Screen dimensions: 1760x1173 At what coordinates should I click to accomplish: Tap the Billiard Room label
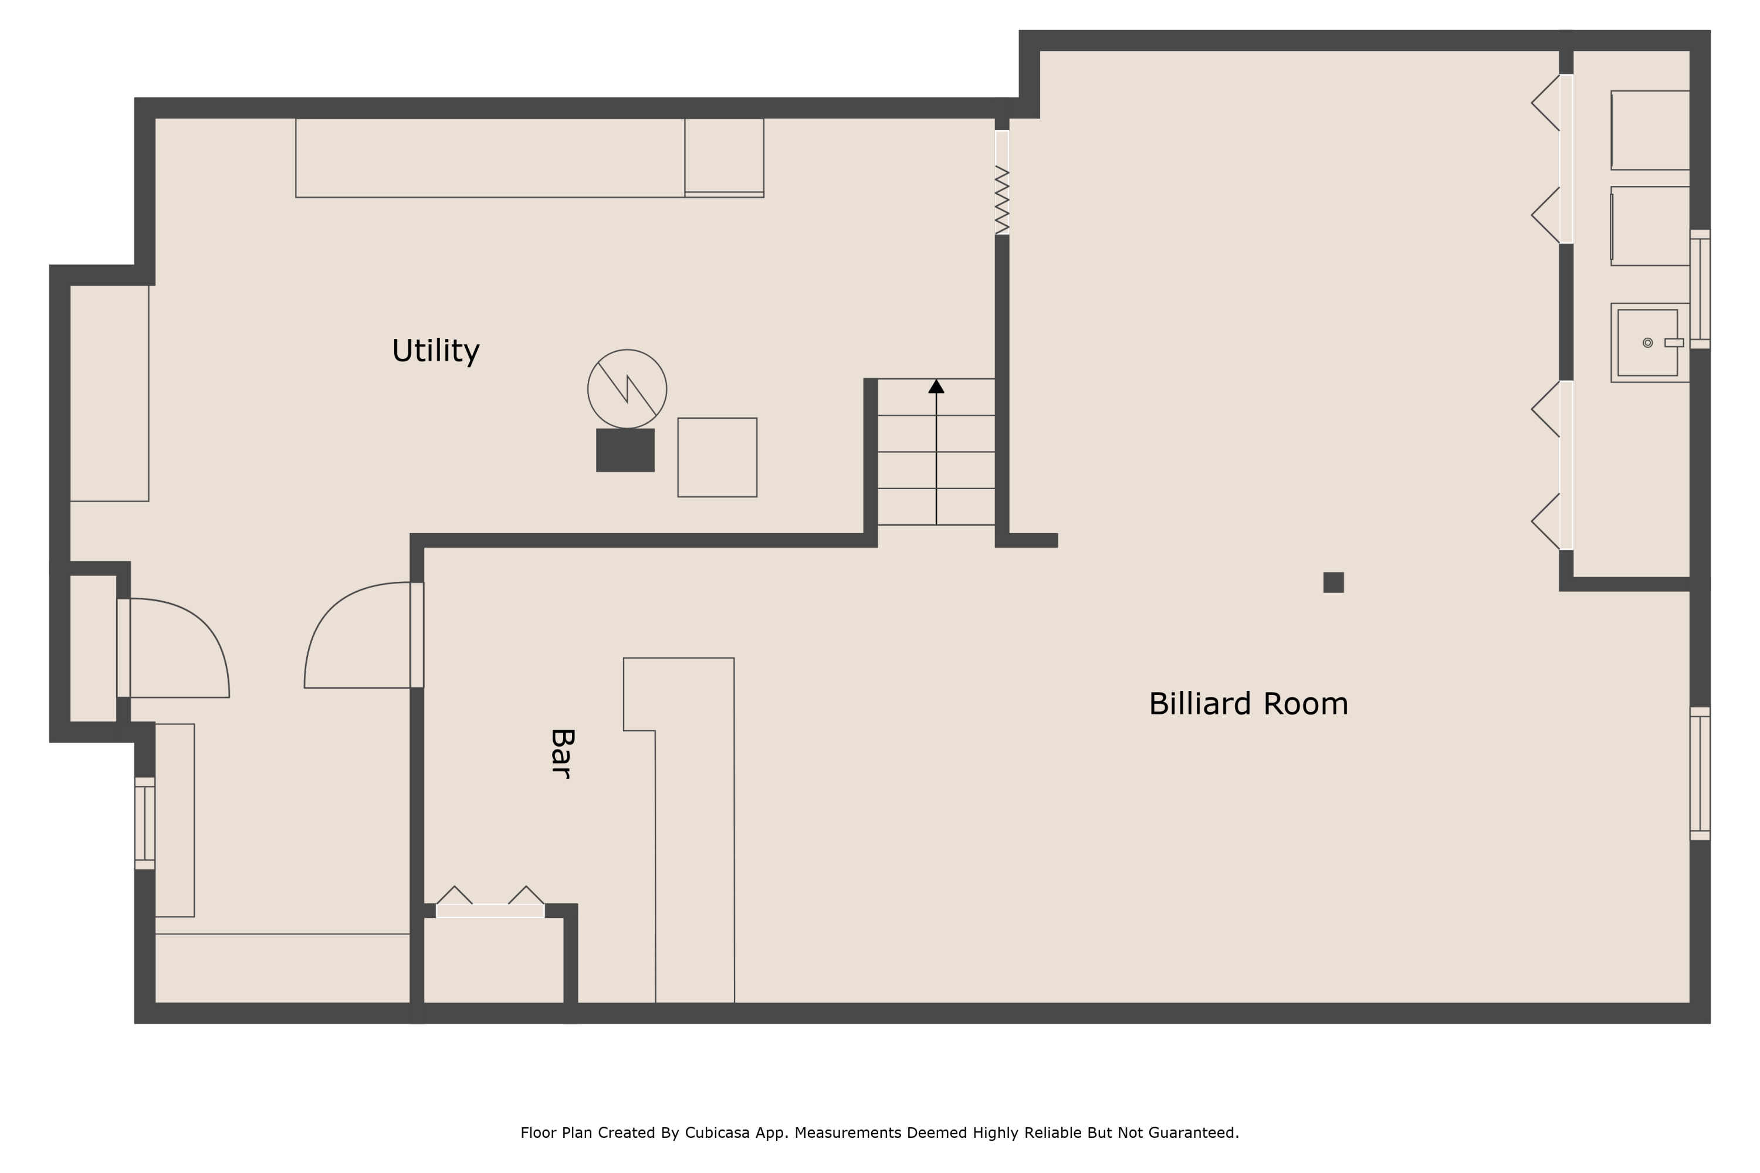pyautogui.click(x=1248, y=704)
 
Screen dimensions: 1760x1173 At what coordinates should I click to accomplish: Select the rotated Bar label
pyautogui.click(x=562, y=754)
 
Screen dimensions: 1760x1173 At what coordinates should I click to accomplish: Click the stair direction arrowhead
pyautogui.click(x=936, y=386)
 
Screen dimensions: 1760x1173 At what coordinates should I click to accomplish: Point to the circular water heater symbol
pyautogui.click(x=627, y=389)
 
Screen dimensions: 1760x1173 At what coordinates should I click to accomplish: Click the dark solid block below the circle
pyautogui.click(x=625, y=450)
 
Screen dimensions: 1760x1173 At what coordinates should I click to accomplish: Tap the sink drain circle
pyautogui.click(x=1648, y=343)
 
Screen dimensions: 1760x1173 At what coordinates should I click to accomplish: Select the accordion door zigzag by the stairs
pyautogui.click(x=1002, y=200)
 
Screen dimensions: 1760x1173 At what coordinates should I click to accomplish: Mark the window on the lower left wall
pyautogui.click(x=144, y=823)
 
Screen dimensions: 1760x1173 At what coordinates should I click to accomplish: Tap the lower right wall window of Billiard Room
pyautogui.click(x=1700, y=774)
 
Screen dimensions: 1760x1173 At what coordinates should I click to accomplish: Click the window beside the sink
pyautogui.click(x=1700, y=289)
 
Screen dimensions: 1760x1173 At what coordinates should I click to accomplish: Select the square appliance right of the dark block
pyautogui.click(x=717, y=457)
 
